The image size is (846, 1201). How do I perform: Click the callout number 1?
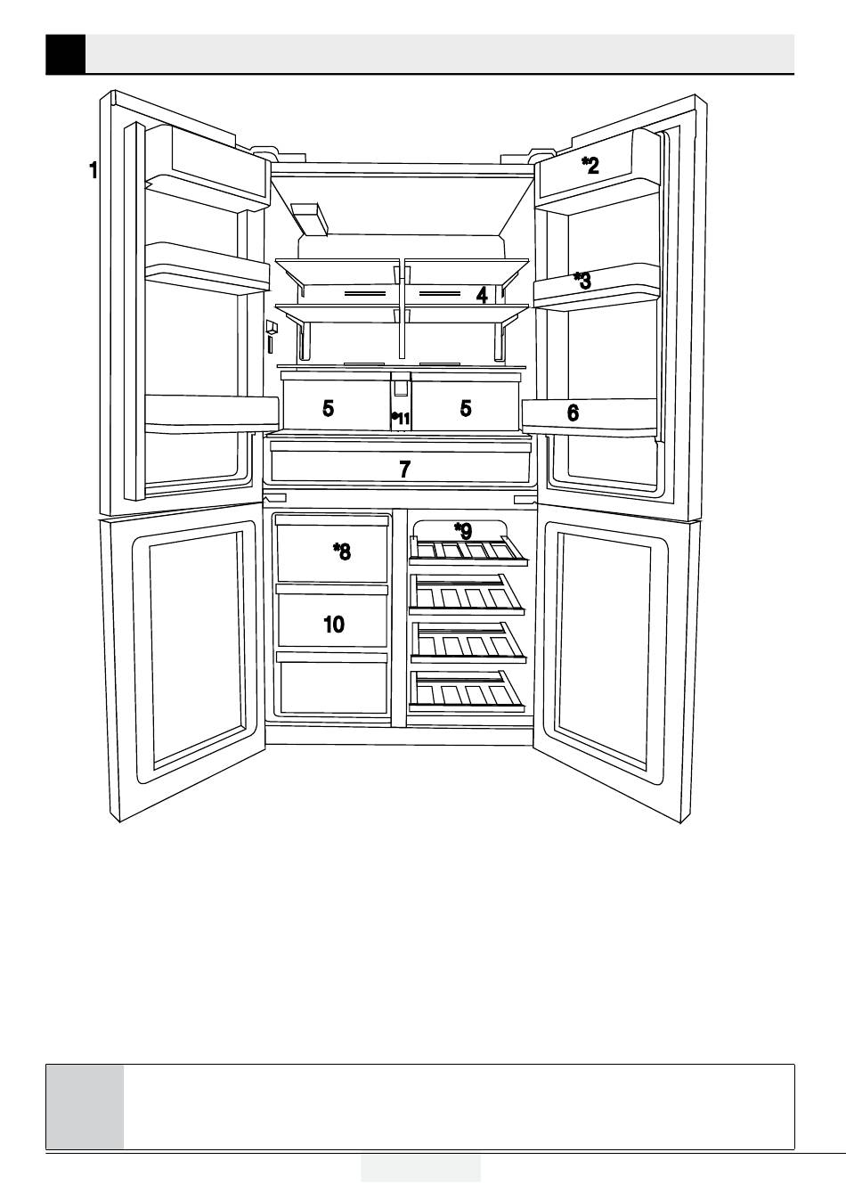(x=93, y=170)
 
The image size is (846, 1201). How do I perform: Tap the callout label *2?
(x=590, y=164)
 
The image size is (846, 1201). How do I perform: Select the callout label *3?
(x=582, y=281)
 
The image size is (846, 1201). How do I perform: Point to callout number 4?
(x=482, y=295)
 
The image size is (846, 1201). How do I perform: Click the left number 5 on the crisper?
(x=329, y=409)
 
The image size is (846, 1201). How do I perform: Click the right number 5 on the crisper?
(x=466, y=409)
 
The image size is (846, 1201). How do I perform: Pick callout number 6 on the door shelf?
(x=573, y=413)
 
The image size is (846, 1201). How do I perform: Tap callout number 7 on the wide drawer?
(x=405, y=469)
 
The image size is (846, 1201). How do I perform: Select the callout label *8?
(x=342, y=551)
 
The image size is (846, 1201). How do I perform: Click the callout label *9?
(x=463, y=531)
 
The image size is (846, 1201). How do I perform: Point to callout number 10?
(x=334, y=624)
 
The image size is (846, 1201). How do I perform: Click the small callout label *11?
(x=401, y=418)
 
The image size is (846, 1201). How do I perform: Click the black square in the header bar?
(x=65, y=53)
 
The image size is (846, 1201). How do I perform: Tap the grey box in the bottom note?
(x=85, y=1106)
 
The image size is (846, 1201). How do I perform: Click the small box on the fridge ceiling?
(x=309, y=217)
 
